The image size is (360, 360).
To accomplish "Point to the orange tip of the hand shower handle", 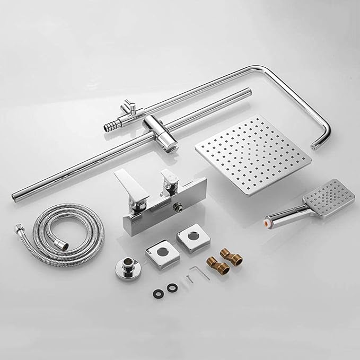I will pos(268,218).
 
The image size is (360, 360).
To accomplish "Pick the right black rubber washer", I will pos(172,287).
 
